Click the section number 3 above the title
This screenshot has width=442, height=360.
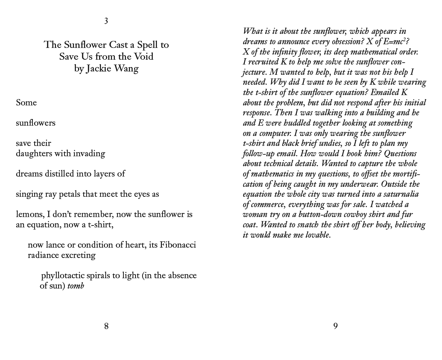click(x=106, y=21)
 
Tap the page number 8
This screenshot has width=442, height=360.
click(x=106, y=326)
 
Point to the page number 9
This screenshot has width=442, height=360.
click(x=336, y=326)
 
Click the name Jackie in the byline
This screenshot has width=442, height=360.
click(x=99, y=69)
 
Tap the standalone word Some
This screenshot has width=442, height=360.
click(x=26, y=103)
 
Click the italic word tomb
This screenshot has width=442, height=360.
click(x=76, y=286)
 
